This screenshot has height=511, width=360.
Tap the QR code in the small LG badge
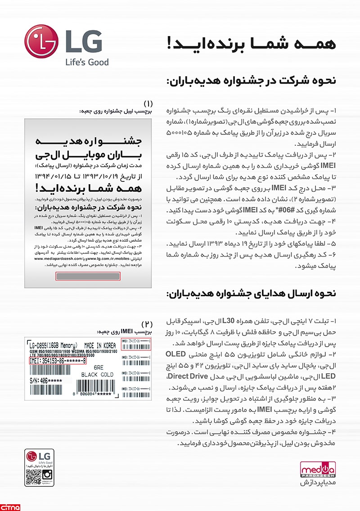pos(32,476)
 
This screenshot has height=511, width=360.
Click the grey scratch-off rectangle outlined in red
pos(87,276)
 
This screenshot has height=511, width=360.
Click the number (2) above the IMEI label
pos(148,324)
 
